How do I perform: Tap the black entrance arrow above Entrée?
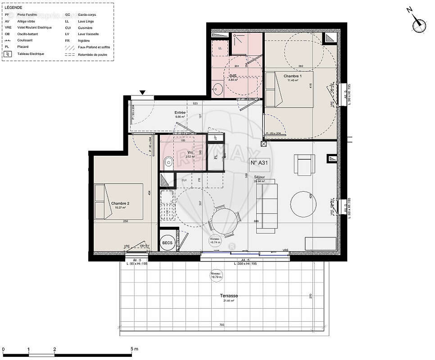point(143,93)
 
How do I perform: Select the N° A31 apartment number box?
point(259,163)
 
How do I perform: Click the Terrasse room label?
point(229,296)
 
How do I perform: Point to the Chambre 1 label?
point(293,76)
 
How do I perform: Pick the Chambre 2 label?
point(120,203)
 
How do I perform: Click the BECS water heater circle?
point(168,243)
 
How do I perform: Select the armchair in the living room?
point(305,164)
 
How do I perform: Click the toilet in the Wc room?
point(168,162)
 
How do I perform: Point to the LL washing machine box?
point(220,48)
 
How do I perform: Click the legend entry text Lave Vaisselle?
point(88,34)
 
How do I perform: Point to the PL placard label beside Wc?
point(216,157)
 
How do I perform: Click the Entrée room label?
point(181,112)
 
